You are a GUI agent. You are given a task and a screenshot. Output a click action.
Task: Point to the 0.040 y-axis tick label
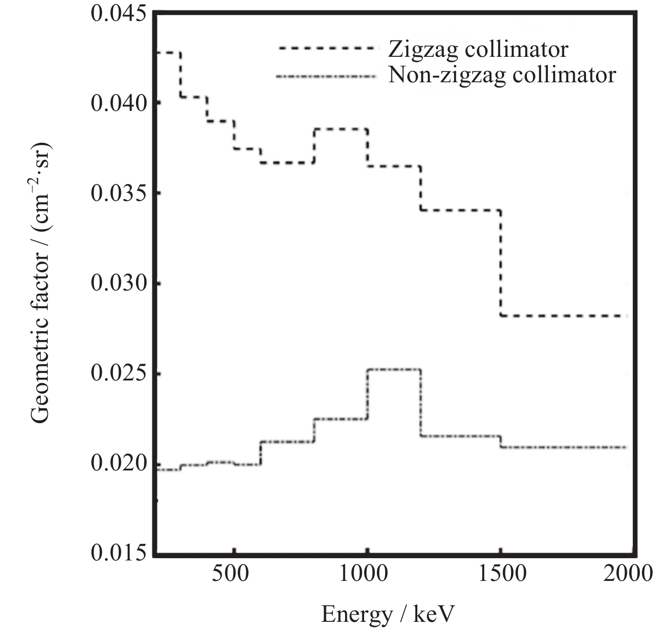tap(119, 103)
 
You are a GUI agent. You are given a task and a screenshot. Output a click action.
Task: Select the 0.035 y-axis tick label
tap(119, 193)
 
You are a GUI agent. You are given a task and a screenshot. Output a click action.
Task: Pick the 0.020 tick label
tap(119, 464)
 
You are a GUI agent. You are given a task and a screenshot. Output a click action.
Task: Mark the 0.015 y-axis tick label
tap(119, 553)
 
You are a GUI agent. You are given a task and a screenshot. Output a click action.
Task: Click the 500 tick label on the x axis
tap(231, 574)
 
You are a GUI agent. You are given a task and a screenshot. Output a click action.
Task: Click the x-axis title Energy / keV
tap(388, 614)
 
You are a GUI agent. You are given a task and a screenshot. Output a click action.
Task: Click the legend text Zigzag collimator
tap(478, 49)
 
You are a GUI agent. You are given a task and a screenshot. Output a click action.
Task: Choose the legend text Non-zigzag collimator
tap(502, 75)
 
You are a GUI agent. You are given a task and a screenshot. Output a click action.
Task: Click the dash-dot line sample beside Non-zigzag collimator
tap(326, 75)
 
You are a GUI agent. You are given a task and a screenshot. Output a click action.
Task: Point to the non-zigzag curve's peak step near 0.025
tap(394, 370)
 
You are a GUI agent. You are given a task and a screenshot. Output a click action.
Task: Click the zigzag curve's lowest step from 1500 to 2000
tap(564, 315)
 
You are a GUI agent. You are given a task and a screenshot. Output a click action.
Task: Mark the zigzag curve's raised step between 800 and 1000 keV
tap(341, 129)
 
